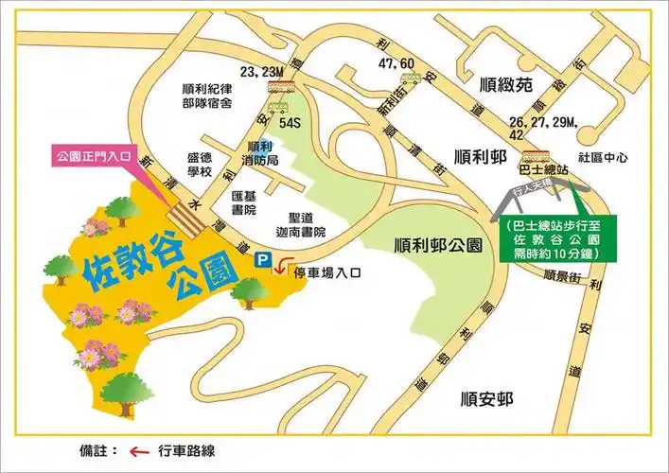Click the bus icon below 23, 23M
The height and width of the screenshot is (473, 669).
pos(278,90)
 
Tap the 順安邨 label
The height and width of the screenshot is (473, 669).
pos(482,397)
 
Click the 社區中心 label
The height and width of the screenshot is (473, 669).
pos(602,159)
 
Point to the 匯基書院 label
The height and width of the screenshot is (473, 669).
pos(245,202)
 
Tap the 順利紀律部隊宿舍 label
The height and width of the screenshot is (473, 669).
pos(208,96)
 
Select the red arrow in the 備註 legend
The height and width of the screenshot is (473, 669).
pos(140,451)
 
